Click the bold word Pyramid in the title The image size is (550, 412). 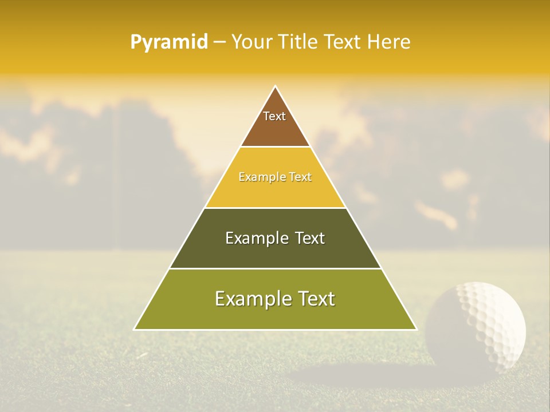(168, 42)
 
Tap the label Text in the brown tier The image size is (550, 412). (274, 116)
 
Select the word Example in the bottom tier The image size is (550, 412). (250, 299)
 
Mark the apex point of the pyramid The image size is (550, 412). (276, 86)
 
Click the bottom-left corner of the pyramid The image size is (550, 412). (135, 329)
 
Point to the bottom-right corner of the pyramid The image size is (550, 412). (417, 329)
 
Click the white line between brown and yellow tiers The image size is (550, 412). (275, 147)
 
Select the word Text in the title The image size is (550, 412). (343, 42)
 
